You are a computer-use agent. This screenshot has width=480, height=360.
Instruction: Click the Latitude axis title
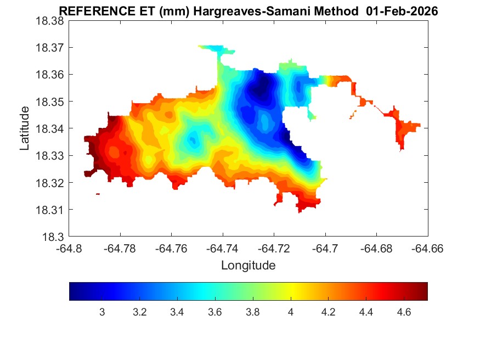(x=25, y=129)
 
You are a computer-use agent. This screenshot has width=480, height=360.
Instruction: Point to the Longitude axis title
(x=248, y=266)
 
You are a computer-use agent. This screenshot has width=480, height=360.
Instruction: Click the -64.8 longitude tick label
(x=70, y=249)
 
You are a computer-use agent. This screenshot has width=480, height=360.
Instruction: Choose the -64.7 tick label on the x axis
(x=326, y=249)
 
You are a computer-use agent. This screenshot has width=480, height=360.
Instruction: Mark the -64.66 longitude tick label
(x=428, y=249)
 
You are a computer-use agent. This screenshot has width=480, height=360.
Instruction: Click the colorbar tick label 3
(x=102, y=312)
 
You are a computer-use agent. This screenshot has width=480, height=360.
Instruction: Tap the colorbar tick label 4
(x=291, y=312)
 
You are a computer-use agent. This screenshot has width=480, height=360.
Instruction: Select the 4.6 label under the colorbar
(x=404, y=312)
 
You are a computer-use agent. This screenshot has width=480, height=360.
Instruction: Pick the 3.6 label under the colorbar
(x=215, y=312)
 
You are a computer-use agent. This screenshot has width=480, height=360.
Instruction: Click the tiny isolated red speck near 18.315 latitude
(x=98, y=194)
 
